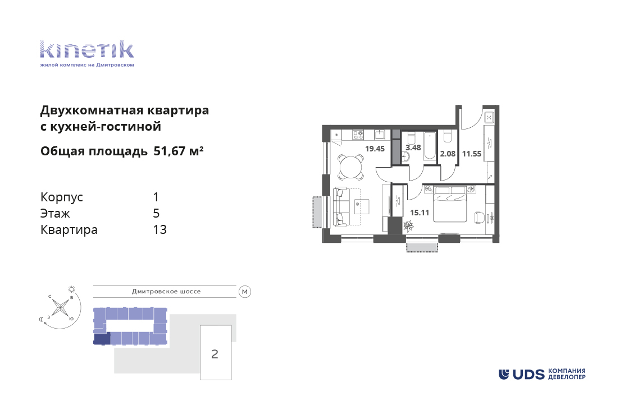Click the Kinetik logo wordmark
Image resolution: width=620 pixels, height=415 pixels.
coord(87,49)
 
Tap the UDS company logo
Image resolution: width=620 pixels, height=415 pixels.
coord(542,374)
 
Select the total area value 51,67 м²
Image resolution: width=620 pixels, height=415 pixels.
coord(179,151)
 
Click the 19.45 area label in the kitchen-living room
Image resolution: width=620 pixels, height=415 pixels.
coord(375,149)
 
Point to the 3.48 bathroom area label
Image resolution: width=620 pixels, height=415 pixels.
coord(413,147)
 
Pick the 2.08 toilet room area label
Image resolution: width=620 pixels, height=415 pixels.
coord(448,154)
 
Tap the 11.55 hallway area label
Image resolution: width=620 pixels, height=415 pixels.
coord(472,154)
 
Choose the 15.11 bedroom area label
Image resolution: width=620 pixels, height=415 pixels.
coord(420,213)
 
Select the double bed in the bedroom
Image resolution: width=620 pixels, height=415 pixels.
coord(450,204)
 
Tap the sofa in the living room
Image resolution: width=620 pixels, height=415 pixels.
coord(341,207)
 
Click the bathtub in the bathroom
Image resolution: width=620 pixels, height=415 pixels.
coord(430,146)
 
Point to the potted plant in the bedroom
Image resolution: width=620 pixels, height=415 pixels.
coord(408,226)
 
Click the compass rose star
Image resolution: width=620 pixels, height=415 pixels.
coord(60,307)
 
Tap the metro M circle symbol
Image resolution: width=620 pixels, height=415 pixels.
coord(245,292)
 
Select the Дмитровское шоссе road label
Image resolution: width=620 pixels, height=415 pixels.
coord(166,292)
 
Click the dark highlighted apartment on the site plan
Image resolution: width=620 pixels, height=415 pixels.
coord(102,338)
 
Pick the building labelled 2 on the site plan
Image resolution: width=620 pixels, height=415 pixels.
coord(216,353)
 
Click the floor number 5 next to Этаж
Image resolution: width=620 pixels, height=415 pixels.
coord(156,213)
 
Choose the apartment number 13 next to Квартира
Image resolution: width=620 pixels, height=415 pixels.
coord(159,229)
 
